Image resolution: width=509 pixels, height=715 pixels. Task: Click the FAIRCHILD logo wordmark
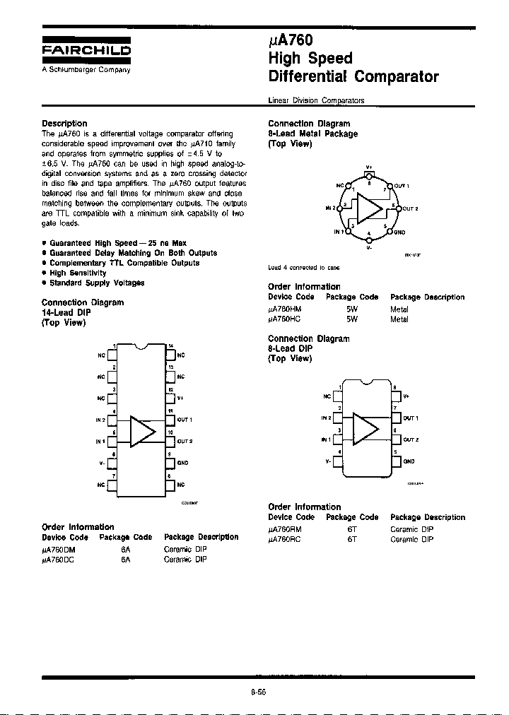86,51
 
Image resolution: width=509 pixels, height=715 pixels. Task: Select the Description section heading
64,124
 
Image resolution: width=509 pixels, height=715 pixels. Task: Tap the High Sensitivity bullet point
78,273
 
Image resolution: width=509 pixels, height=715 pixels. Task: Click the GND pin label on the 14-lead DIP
182,463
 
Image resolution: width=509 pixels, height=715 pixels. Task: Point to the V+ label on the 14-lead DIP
180,398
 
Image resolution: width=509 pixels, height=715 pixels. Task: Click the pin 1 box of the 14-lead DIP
111,354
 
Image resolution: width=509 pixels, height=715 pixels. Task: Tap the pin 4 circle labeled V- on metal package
369,240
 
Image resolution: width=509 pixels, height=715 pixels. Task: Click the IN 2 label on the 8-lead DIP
326,418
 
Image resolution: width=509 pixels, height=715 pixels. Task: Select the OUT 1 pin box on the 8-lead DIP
396,418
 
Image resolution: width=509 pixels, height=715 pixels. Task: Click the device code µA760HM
285,309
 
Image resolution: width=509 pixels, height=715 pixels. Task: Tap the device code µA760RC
285,539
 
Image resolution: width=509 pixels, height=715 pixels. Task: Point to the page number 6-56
257,692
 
